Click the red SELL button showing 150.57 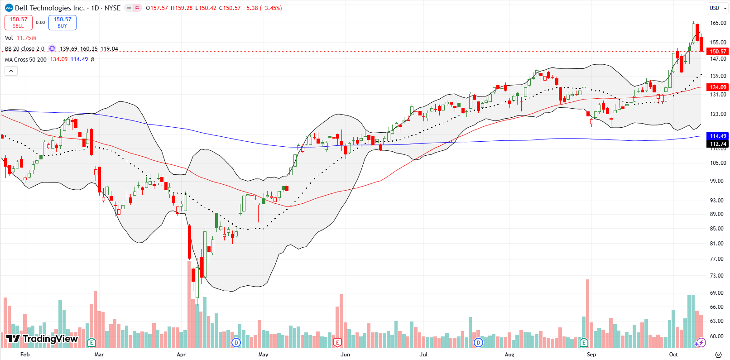(x=19, y=23)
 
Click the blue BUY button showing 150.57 (x=62, y=23)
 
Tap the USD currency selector (x=714, y=8)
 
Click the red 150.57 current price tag (x=718, y=52)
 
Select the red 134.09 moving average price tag (x=718, y=87)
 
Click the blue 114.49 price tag (x=718, y=136)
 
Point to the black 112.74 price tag (x=718, y=144)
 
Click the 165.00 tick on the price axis (x=718, y=23)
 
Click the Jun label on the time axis (x=345, y=355)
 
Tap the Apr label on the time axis (x=181, y=355)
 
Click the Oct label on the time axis (x=673, y=355)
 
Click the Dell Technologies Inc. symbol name (x=50, y=8)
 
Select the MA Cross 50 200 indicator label (x=26, y=59)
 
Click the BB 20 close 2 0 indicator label (x=24, y=48)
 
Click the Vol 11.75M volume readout (x=20, y=38)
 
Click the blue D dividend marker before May (x=236, y=342)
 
